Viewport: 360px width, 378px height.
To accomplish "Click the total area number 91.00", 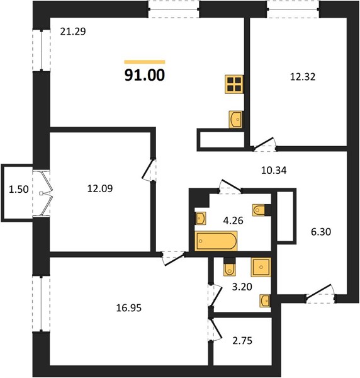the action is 145,75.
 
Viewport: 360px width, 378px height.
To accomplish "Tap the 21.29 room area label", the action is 73,31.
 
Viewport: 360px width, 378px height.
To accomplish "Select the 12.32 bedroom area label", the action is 303,77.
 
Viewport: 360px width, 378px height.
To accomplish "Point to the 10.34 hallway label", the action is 274,171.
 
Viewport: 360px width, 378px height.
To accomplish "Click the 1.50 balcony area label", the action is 19,190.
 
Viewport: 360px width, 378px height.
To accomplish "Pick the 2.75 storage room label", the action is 242,341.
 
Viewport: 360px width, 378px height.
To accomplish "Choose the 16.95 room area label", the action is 129,308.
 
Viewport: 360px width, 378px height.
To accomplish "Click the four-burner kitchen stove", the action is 234,84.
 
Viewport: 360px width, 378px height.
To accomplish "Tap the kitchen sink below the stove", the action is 236,119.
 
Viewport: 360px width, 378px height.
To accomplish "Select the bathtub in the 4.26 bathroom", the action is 217,241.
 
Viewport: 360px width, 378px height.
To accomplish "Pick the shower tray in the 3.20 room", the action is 261,267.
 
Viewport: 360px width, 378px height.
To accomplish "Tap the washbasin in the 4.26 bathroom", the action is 200,219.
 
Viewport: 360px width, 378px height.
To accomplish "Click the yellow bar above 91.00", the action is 145,62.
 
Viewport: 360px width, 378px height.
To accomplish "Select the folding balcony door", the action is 46,193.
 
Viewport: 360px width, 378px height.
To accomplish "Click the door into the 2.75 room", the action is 215,329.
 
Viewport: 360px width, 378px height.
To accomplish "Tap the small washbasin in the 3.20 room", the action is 265,301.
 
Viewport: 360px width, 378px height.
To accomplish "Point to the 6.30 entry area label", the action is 321,232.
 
